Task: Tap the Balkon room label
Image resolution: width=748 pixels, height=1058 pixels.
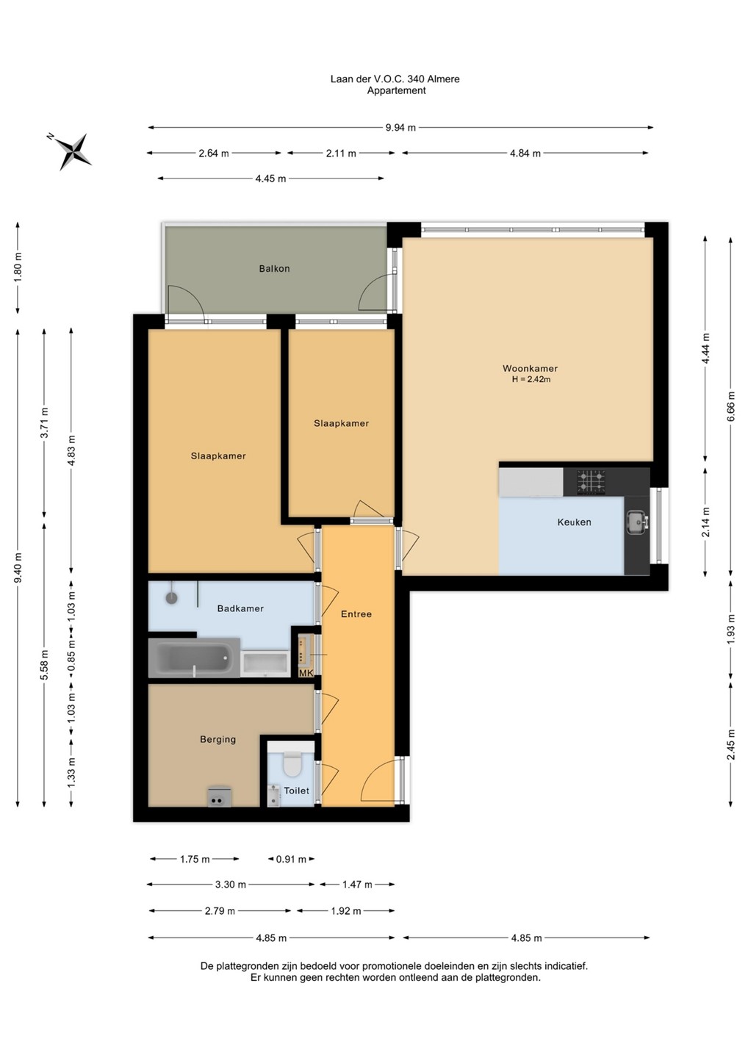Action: tap(274, 269)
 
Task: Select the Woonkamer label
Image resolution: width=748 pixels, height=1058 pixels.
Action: tap(530, 368)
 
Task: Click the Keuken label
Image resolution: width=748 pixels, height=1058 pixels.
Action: tap(574, 522)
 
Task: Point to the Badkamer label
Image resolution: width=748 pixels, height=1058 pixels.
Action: tap(240, 608)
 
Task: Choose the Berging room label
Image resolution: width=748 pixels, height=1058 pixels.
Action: tap(217, 739)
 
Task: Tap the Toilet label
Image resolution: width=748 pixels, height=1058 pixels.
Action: tap(297, 791)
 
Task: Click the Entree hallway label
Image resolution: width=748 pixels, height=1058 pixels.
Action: tap(356, 614)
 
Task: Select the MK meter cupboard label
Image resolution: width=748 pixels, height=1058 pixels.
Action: tap(306, 673)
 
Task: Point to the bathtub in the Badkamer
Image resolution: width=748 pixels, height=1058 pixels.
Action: tap(194, 658)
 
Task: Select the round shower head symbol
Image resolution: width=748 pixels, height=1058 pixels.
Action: tap(171, 598)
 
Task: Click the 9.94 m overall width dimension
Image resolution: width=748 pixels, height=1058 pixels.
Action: tap(400, 127)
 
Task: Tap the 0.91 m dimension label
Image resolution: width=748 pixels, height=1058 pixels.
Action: tap(291, 859)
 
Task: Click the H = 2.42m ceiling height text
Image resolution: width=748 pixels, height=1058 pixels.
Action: tap(531, 379)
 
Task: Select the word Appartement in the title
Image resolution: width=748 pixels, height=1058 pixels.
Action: tap(397, 90)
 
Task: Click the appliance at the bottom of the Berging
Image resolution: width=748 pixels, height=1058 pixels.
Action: tap(220, 796)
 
